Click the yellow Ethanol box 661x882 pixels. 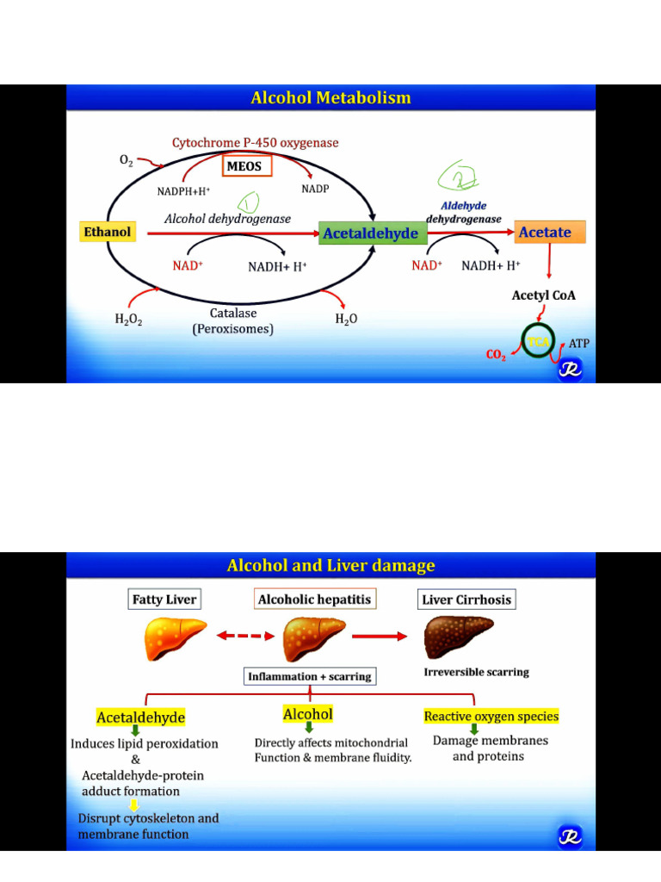pyautogui.click(x=108, y=232)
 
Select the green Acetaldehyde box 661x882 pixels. pyautogui.click(x=372, y=233)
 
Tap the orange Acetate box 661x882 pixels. pyautogui.click(x=549, y=232)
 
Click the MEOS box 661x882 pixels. pyautogui.click(x=248, y=165)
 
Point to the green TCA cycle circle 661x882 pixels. pyautogui.click(x=539, y=341)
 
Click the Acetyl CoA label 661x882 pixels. pyautogui.click(x=544, y=295)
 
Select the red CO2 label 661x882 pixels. pyautogui.click(x=496, y=355)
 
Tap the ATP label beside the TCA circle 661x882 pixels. pyautogui.click(x=579, y=343)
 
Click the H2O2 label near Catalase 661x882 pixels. pyautogui.click(x=128, y=319)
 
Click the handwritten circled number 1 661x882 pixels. pyautogui.click(x=250, y=203)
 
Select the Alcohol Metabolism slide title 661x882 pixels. pyautogui.click(x=330, y=98)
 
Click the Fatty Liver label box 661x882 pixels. pyautogui.click(x=164, y=599)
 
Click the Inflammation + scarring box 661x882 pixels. pyautogui.click(x=310, y=677)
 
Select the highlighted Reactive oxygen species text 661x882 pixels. pyautogui.click(x=491, y=716)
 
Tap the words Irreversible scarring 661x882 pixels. pyautogui.click(x=476, y=672)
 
